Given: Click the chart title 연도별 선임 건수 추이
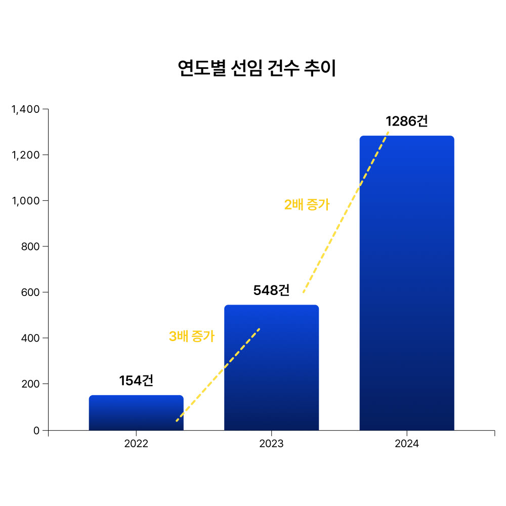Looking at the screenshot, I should (x=257, y=69).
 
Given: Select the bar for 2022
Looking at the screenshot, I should (x=136, y=413).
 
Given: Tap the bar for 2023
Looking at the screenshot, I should (x=271, y=368).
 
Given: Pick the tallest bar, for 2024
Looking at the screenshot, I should (x=407, y=283).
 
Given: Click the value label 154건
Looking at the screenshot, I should (x=136, y=381).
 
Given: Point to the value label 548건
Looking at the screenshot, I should (x=271, y=290).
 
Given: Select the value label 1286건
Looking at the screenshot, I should (x=407, y=121).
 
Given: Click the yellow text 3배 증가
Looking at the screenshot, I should (x=191, y=336).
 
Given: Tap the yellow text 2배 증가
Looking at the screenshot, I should (x=307, y=204).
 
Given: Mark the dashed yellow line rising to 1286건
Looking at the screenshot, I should (x=346, y=213).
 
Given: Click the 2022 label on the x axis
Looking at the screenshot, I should (x=136, y=444).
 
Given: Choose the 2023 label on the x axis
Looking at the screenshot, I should (x=271, y=444).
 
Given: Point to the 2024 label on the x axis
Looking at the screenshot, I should (x=407, y=444).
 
